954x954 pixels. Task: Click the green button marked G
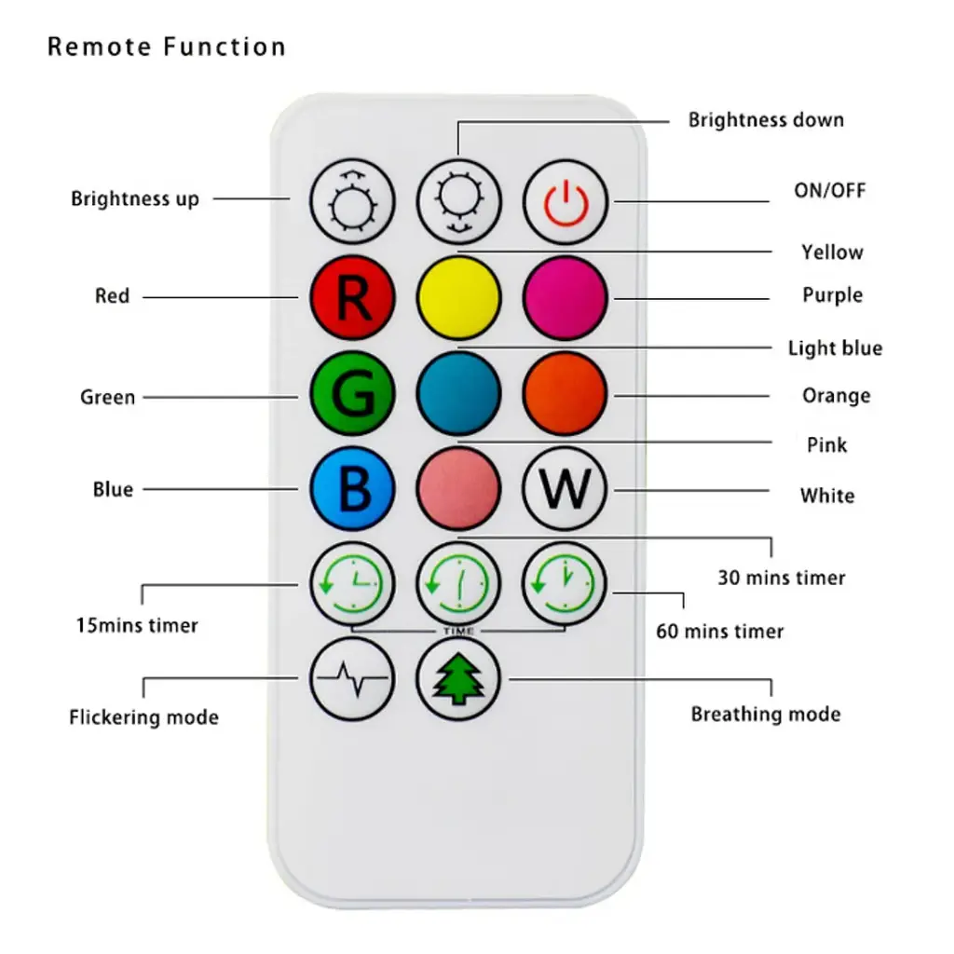tap(352, 395)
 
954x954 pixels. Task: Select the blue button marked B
tap(352, 489)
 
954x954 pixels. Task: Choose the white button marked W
tap(565, 489)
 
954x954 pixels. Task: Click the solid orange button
tap(565, 395)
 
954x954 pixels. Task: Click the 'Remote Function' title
tap(167, 47)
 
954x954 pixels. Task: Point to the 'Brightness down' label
tap(766, 120)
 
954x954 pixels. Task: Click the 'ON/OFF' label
tap(829, 191)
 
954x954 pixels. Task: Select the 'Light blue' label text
tap(835, 348)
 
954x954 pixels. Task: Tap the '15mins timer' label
tap(137, 625)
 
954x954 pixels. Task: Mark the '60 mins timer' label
tap(720, 631)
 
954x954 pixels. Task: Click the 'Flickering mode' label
tap(143, 717)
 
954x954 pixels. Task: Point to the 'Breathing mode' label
tap(765, 715)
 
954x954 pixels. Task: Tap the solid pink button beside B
tap(458, 489)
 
